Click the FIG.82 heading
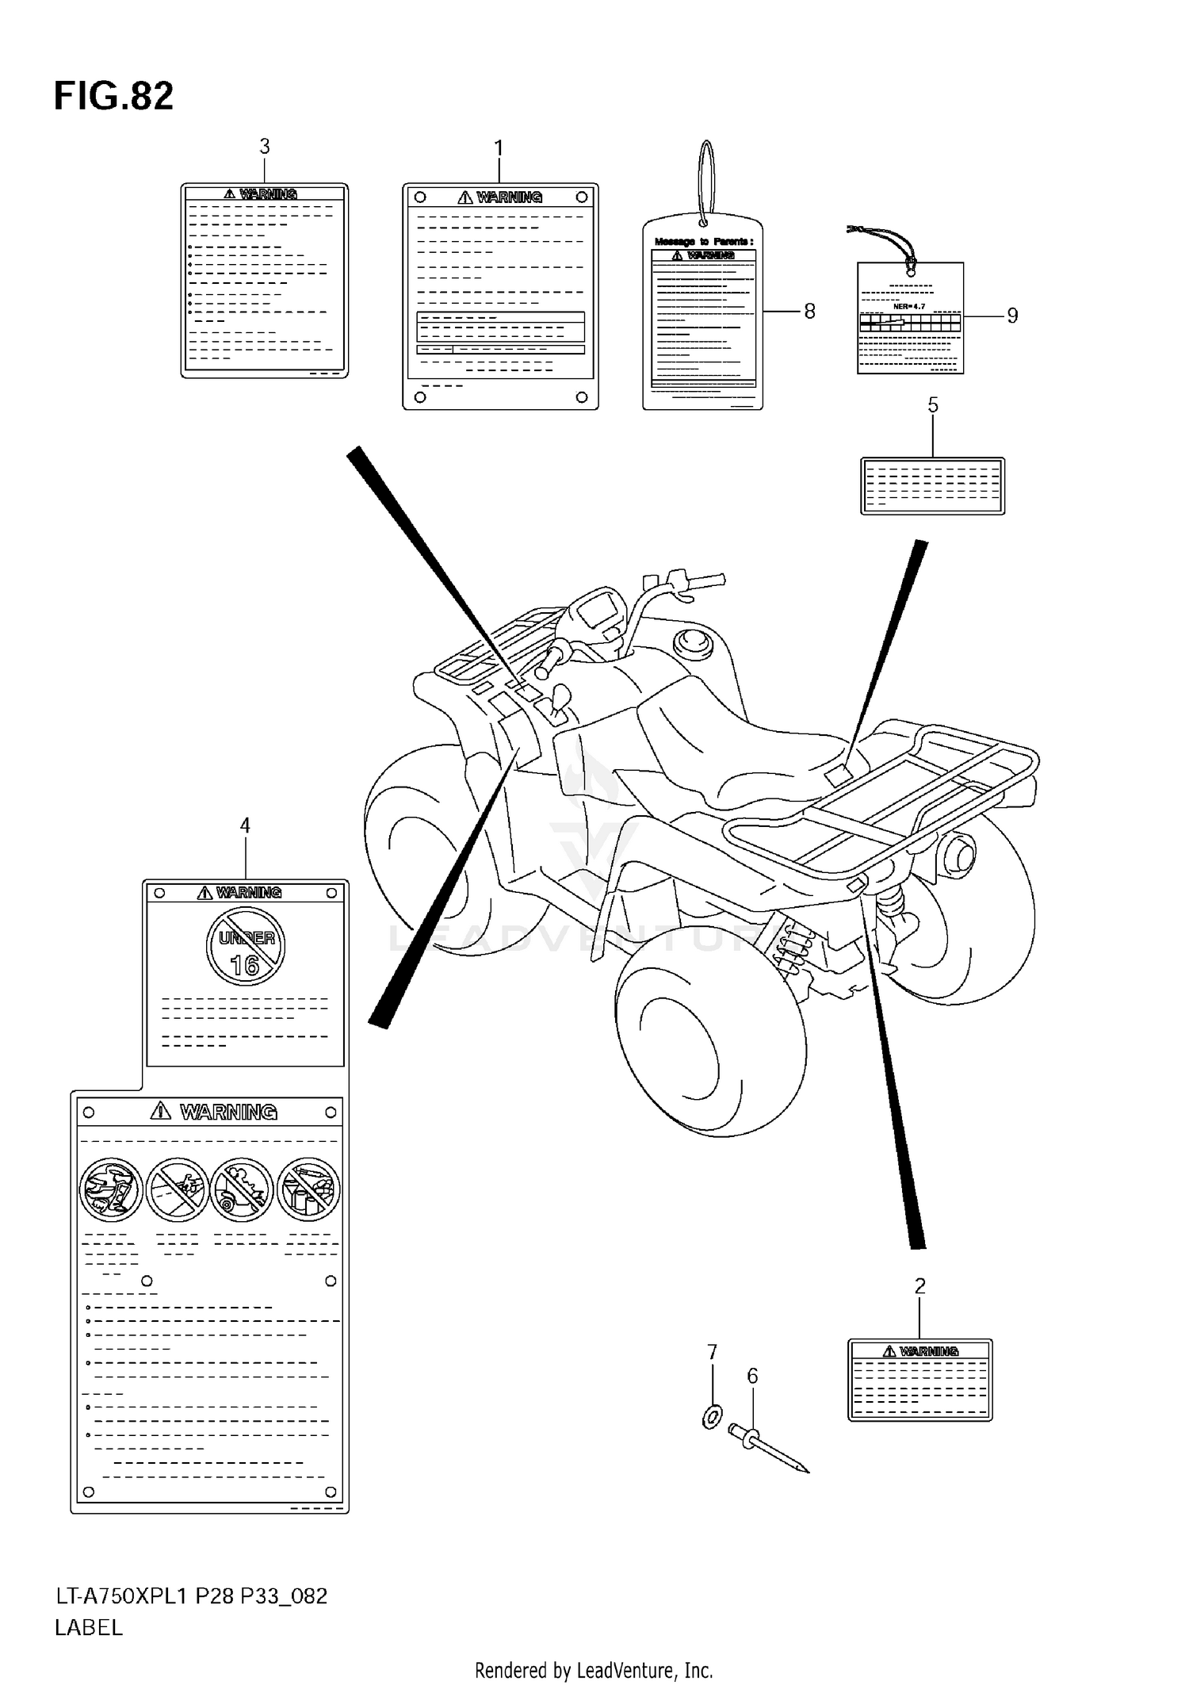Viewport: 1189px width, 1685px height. tap(113, 97)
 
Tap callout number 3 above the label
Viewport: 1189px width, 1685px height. tap(265, 147)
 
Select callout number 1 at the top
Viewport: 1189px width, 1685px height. tap(499, 148)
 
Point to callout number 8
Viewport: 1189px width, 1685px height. tap(809, 312)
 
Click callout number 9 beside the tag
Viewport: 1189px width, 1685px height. tap(1012, 316)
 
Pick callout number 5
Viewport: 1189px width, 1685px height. tap(933, 406)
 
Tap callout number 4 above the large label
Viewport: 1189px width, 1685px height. tap(245, 826)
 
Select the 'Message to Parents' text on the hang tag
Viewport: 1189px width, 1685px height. tap(703, 241)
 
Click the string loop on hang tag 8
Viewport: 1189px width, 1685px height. tap(706, 178)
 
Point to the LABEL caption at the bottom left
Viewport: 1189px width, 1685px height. tap(89, 1628)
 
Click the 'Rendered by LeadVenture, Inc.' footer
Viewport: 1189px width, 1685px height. tap(594, 1671)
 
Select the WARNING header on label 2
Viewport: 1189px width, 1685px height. tap(920, 1351)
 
